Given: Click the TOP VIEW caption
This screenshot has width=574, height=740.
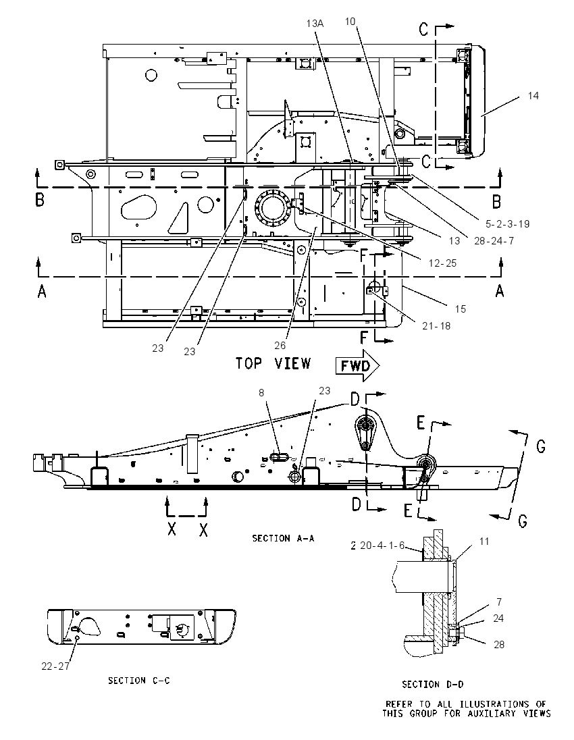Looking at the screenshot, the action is (x=273, y=363).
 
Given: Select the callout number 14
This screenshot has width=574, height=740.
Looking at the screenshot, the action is (x=533, y=96).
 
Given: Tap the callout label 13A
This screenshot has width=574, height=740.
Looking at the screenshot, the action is (x=315, y=23).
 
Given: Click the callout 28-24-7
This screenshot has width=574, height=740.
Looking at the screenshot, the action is (x=494, y=240).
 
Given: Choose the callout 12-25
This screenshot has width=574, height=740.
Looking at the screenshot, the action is (x=442, y=263).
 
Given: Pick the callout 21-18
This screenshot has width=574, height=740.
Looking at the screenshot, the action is (x=436, y=325).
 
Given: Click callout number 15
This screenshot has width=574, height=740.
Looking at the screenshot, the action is (x=461, y=309).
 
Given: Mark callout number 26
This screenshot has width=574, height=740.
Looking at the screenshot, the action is (x=280, y=346).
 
